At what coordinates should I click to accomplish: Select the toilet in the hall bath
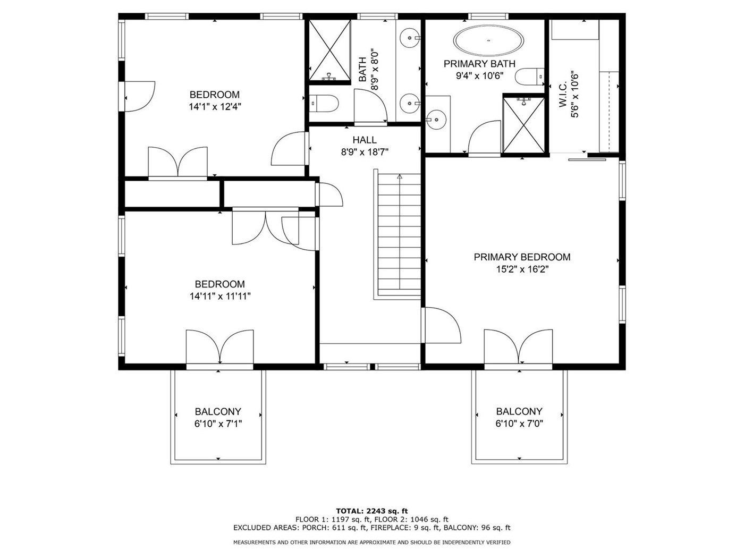324,103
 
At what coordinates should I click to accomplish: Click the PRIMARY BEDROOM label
522,257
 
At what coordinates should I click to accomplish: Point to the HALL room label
365,140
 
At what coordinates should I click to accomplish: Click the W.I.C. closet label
563,95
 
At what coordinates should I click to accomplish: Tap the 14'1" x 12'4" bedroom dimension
215,107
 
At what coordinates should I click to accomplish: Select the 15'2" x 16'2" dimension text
522,269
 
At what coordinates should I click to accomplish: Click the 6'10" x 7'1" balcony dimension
218,424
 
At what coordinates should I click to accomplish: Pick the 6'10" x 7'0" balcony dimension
519,424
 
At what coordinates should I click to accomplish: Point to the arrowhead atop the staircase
400,176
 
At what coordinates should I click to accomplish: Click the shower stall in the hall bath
329,50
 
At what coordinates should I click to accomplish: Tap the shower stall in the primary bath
524,124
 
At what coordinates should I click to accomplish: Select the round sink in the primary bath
436,120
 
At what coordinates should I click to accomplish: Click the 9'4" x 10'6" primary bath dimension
479,75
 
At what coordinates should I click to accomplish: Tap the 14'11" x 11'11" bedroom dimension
220,297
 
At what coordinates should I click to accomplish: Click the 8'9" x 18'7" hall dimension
365,152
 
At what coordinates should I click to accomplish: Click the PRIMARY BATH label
479,64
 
